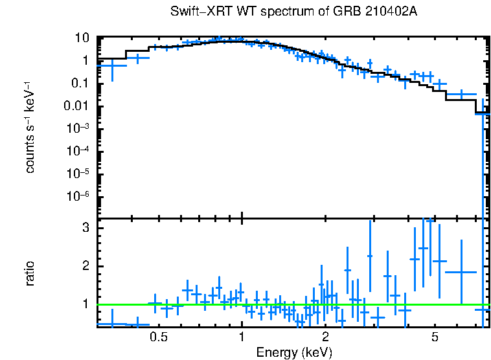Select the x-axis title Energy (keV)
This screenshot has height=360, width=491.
[294, 352]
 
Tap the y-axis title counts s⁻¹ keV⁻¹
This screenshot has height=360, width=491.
[30, 128]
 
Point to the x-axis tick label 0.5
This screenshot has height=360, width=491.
[159, 337]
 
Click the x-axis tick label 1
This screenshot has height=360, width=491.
[242, 337]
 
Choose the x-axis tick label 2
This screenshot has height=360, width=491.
[325, 337]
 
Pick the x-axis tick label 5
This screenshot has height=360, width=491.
[435, 337]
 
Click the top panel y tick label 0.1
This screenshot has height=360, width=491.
[80, 83]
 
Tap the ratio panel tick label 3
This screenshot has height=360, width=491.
[85, 229]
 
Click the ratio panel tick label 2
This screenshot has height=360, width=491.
[85, 266]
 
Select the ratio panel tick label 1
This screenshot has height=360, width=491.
[85, 304]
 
